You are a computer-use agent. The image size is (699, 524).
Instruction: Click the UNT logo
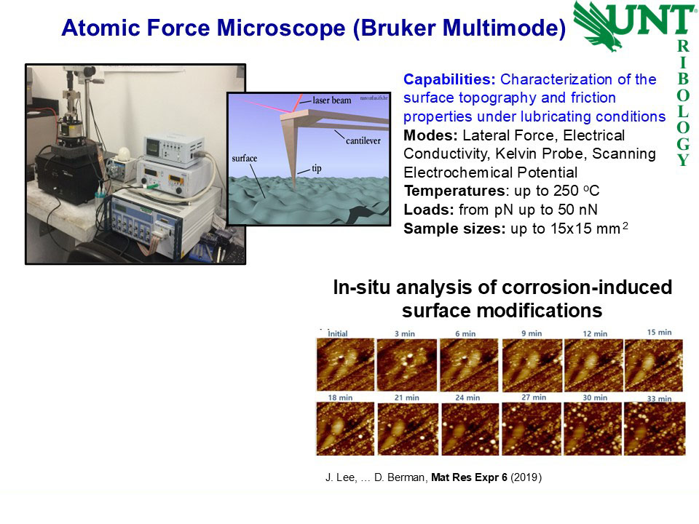634,25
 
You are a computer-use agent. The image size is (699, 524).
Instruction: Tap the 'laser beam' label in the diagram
332,100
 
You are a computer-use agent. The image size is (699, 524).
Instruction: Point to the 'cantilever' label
363,140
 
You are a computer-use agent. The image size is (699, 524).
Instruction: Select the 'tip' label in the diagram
317,168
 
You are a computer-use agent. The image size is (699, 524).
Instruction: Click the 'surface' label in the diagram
245,158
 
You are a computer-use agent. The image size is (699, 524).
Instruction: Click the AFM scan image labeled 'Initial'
345,365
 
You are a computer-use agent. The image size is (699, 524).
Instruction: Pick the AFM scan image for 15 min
654,365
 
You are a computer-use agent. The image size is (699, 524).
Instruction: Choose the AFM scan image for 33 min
655,429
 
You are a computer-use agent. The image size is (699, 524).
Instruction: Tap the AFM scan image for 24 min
470,429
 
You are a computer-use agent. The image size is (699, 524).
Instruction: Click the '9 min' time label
532,333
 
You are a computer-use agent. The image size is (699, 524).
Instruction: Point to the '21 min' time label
406,397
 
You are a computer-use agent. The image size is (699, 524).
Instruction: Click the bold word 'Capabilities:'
449,79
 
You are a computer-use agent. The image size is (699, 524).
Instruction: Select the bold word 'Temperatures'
454,191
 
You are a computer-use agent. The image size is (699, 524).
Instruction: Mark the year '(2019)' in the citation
526,477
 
